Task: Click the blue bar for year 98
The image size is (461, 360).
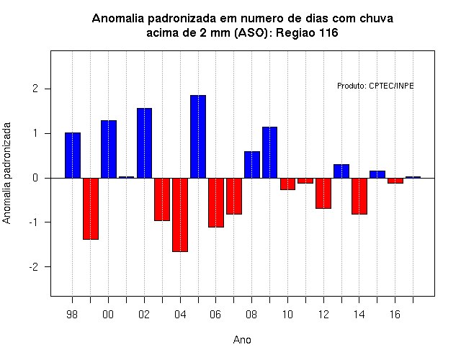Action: point(73,156)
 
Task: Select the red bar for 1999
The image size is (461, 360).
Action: point(91,209)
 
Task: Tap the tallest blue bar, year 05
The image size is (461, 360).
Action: point(198,137)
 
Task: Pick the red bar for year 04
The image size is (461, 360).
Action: point(180,215)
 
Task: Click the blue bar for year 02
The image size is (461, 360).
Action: point(144,143)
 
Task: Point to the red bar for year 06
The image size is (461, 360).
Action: point(216,202)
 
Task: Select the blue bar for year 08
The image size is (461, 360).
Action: point(252,165)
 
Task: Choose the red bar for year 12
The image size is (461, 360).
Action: point(323,193)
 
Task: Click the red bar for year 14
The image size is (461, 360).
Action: point(359,196)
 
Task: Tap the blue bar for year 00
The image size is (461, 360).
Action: point(109,149)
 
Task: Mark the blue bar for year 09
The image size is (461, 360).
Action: point(269,153)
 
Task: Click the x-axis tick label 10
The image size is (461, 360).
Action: point(287,315)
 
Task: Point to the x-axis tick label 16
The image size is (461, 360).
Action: point(395,315)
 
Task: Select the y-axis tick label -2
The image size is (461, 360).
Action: point(34,267)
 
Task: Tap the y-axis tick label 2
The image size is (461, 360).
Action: point(35,89)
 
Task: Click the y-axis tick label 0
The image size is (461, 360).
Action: point(35,178)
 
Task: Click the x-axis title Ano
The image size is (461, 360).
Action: point(242,340)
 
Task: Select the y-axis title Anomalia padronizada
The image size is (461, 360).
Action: point(6,173)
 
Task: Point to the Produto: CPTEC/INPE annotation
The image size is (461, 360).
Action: point(375,86)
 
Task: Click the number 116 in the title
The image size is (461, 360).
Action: point(328,32)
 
